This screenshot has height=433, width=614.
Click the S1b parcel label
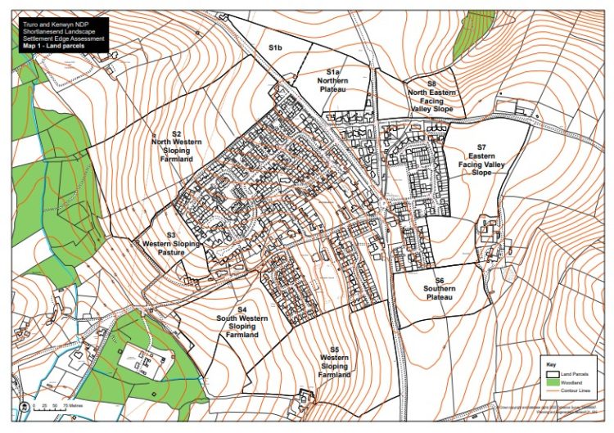point(275,49)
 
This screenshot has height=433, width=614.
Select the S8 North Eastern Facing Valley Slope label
point(431,95)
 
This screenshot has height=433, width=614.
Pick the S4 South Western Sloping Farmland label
point(242,322)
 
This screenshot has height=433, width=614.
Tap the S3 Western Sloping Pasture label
point(171,244)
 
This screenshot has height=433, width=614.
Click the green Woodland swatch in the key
point(553,382)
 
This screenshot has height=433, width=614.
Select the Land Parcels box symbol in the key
point(553,372)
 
